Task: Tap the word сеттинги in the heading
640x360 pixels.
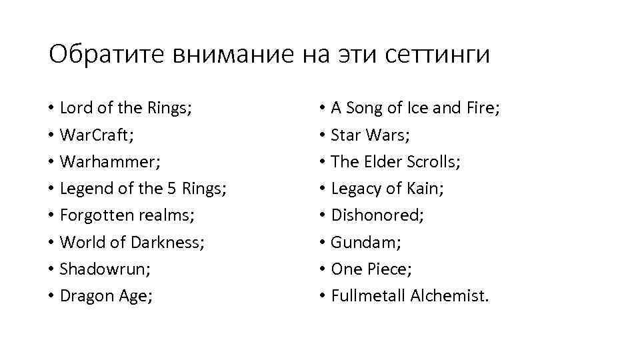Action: pyautogui.click(x=437, y=55)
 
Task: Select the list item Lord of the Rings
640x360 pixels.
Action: pyautogui.click(x=125, y=108)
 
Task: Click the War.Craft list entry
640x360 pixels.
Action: pyautogui.click(x=97, y=135)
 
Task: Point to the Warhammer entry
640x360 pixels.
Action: pyautogui.click(x=110, y=162)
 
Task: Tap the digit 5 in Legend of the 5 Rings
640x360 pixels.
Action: pyautogui.click(x=173, y=189)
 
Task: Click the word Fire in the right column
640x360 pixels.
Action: pyautogui.click(x=481, y=108)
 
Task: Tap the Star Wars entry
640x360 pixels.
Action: pyautogui.click(x=370, y=135)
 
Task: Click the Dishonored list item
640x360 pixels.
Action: pyautogui.click(x=377, y=215)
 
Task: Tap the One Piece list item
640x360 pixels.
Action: pyautogui.click(x=371, y=269)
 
